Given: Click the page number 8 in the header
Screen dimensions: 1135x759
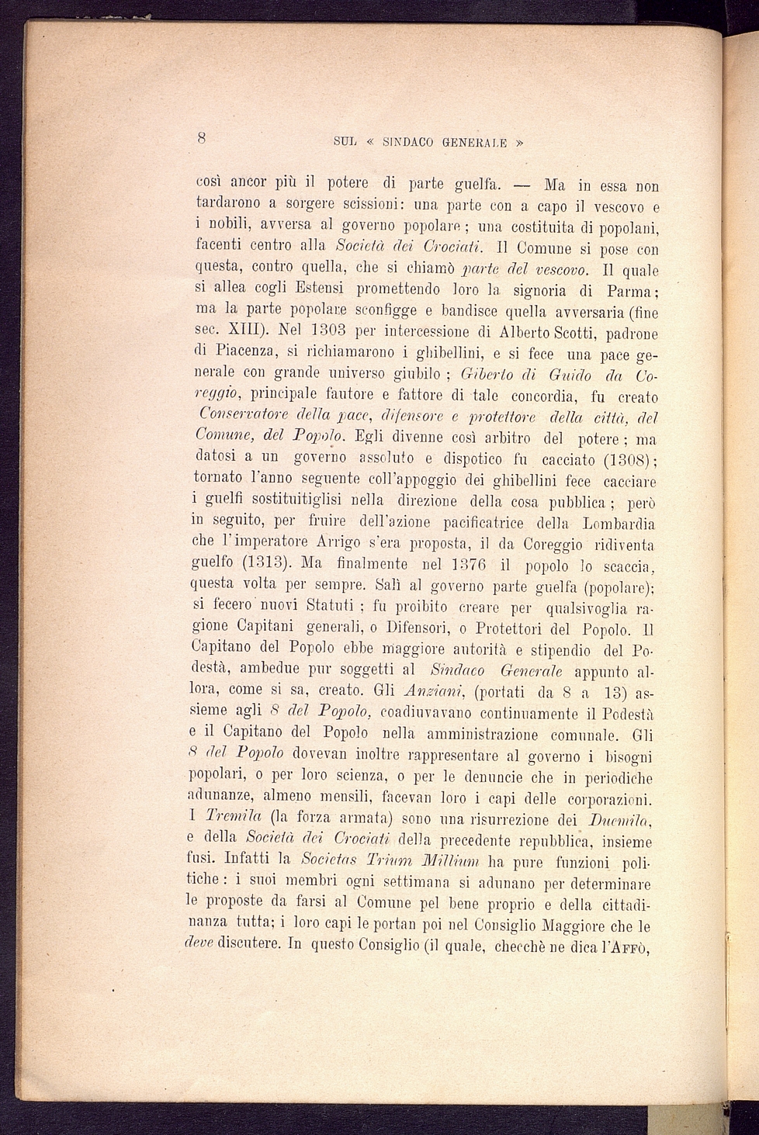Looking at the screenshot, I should (x=201, y=138).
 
